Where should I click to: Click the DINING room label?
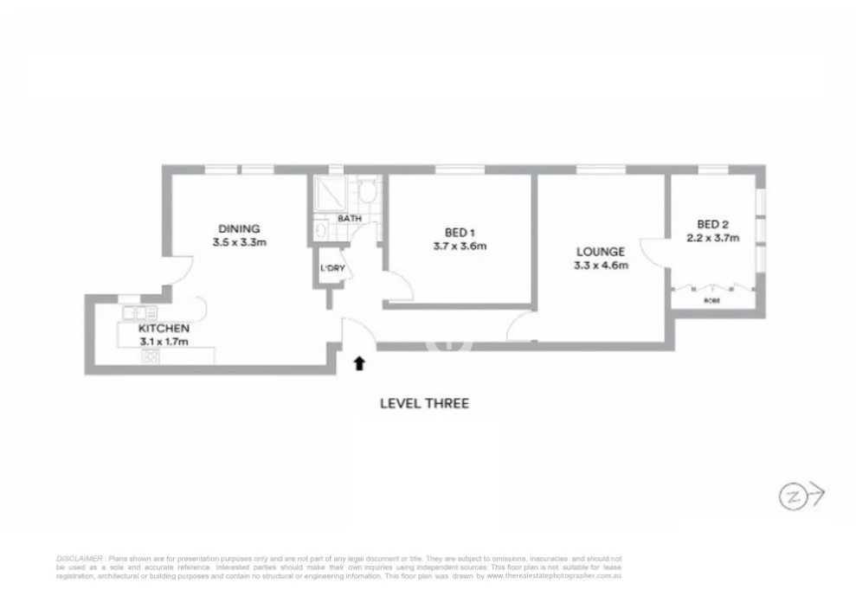pyautogui.click(x=238, y=229)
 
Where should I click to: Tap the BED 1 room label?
pyautogui.click(x=460, y=232)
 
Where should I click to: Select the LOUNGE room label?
pyautogui.click(x=601, y=252)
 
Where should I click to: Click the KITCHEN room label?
pyautogui.click(x=164, y=329)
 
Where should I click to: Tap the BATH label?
pyautogui.click(x=350, y=219)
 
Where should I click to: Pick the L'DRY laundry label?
pyautogui.click(x=332, y=268)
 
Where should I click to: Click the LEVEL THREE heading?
pyautogui.click(x=424, y=403)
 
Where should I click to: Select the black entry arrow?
pyautogui.click(x=358, y=363)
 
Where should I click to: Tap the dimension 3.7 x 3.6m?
pyautogui.click(x=460, y=247)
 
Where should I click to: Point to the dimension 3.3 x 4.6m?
pyautogui.click(x=601, y=266)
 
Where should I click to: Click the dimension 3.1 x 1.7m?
pyautogui.click(x=164, y=342)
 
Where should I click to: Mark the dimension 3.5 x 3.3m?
pyautogui.click(x=238, y=243)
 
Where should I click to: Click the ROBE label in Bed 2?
pyautogui.click(x=711, y=301)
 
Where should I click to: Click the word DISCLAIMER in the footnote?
pyautogui.click(x=80, y=560)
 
